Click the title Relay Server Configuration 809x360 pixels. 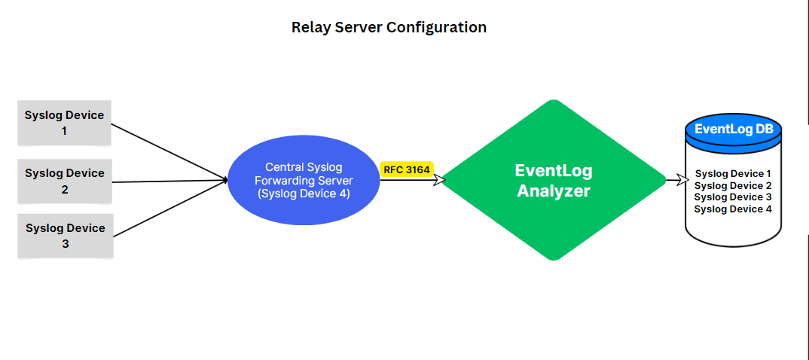coord(389,28)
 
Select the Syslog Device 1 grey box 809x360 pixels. coord(65,123)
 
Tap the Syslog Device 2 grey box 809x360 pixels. coord(65,181)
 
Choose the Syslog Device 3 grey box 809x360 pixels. coord(65,236)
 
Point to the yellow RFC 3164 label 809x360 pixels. coord(407,170)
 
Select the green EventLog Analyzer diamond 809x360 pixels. coord(554,181)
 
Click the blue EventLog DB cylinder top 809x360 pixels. coord(734,129)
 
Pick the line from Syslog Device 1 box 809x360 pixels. coord(169,151)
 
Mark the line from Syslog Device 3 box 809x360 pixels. coord(169,208)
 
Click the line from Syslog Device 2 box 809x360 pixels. coord(169,181)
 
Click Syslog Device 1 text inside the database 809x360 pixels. coord(733,174)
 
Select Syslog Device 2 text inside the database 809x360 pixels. coord(733,185)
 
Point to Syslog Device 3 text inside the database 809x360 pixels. coord(733,197)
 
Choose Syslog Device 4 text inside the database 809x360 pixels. coord(733,209)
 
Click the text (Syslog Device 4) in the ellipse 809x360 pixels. coord(304,194)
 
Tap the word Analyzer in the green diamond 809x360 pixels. coord(554,191)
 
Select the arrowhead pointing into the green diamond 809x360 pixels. coord(440,181)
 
